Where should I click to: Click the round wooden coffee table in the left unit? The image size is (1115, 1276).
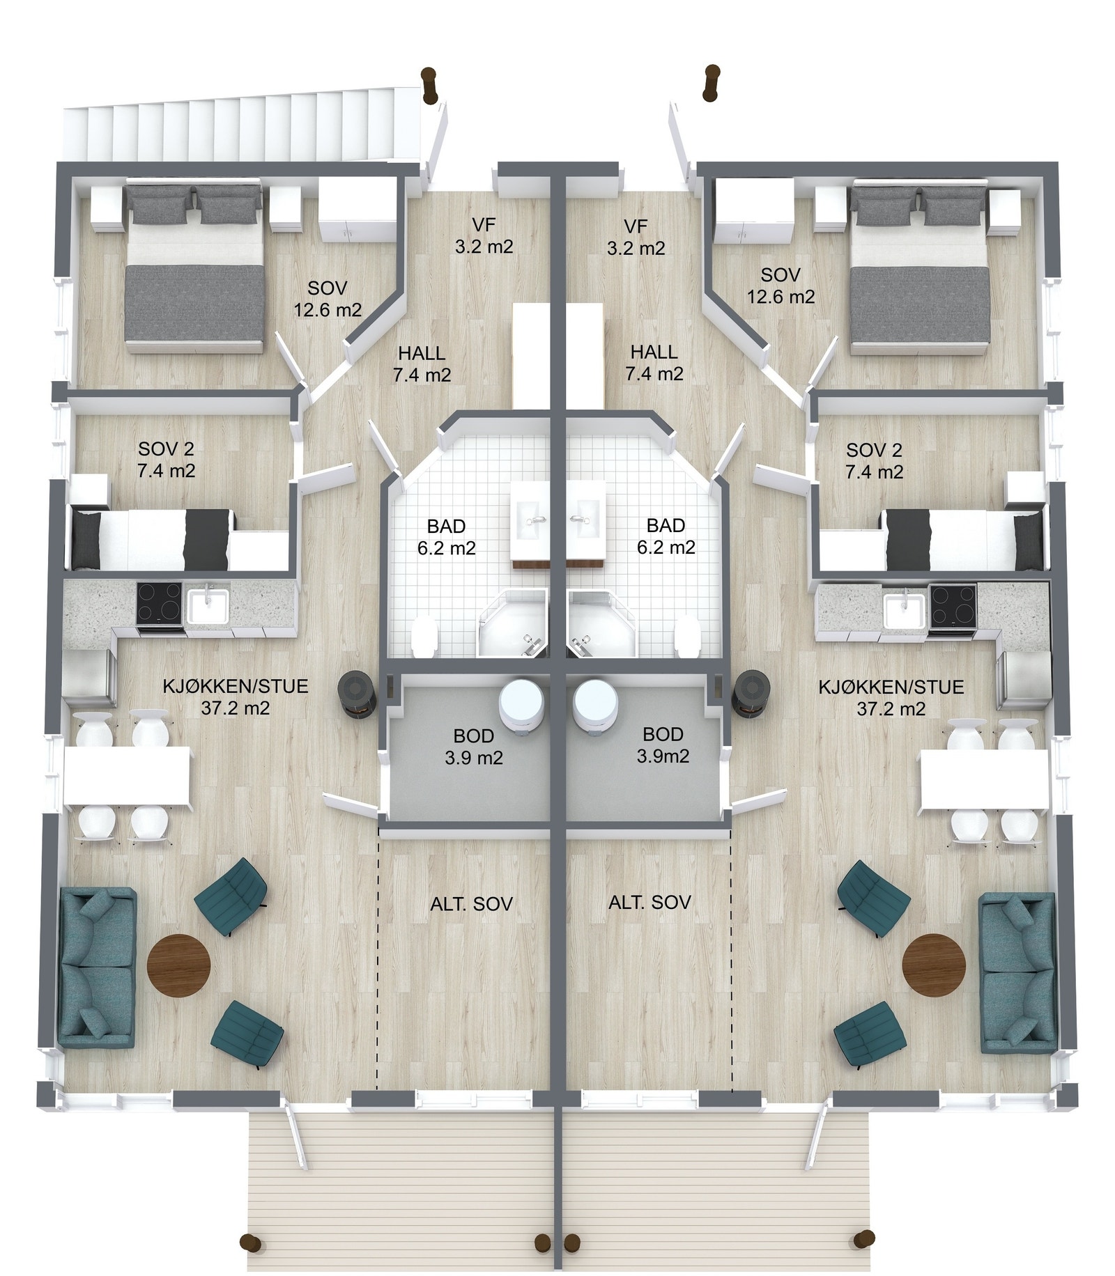[178, 965]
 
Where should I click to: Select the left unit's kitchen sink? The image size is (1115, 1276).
[207, 605]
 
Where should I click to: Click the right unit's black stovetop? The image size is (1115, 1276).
[952, 604]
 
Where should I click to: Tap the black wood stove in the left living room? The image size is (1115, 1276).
[357, 693]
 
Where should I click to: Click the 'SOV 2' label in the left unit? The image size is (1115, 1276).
[166, 449]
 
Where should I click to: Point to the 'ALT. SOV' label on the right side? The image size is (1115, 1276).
[649, 903]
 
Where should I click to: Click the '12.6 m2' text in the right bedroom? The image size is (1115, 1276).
[780, 297]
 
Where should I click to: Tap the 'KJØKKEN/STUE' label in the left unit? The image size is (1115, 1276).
[236, 686]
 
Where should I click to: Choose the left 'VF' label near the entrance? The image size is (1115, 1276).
[484, 225]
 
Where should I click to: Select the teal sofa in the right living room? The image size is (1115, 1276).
[1017, 972]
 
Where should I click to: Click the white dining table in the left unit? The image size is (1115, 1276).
[128, 776]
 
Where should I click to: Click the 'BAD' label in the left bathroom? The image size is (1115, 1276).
[446, 526]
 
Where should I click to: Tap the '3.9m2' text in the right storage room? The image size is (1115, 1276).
[663, 756]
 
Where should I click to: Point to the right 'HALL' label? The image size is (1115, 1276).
[654, 352]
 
